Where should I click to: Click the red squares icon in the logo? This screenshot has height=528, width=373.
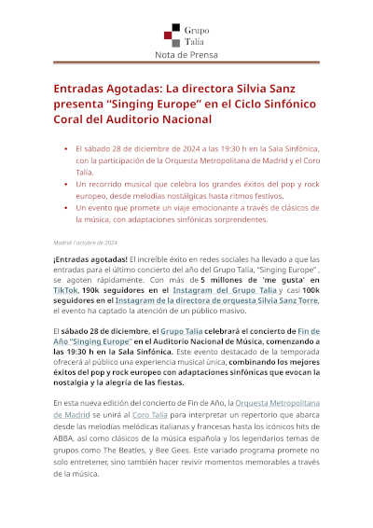coord(170,35)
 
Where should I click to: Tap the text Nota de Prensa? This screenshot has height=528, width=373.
coord(186,55)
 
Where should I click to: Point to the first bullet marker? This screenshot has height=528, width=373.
coord(64,148)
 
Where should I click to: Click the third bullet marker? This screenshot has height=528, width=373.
coord(64,206)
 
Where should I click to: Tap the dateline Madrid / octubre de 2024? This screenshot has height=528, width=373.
coord(85,243)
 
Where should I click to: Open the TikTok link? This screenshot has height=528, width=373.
coord(65,291)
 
